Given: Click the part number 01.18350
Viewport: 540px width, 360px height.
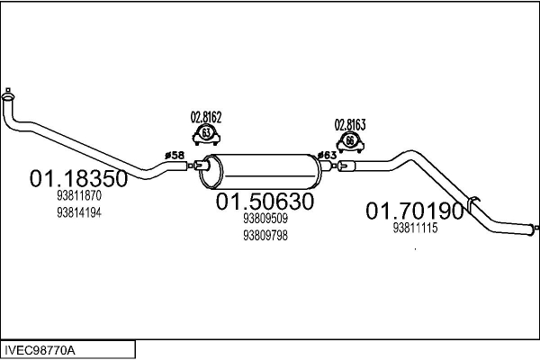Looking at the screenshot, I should (x=78, y=179).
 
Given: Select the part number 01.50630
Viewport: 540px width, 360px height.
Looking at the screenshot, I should (x=264, y=203).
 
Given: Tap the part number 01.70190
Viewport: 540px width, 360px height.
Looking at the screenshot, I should (x=415, y=211).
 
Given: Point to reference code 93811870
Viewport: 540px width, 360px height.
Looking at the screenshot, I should (x=78, y=196).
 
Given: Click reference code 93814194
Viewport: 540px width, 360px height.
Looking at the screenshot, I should (x=78, y=212).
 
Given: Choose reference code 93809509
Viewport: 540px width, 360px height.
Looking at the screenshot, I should (x=265, y=219).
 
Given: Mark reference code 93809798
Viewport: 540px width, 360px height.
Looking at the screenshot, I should (x=265, y=236).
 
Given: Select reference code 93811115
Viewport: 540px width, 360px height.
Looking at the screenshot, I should (x=415, y=229).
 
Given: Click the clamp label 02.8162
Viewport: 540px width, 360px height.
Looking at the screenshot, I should (x=205, y=117).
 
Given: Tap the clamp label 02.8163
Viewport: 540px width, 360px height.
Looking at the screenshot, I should (x=351, y=124).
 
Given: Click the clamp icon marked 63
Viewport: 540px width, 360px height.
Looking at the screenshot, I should (x=206, y=135).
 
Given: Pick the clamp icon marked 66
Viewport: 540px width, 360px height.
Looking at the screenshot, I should (x=350, y=142).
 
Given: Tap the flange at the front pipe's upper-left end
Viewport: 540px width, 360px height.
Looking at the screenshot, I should (x=9, y=92).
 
